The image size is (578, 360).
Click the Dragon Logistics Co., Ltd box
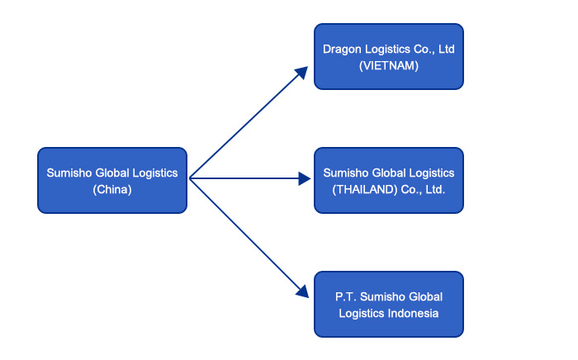coord(389,56)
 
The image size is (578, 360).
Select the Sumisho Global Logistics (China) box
coord(112,180)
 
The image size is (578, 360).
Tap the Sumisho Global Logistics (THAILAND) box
coord(389,180)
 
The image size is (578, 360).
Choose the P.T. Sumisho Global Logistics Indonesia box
coord(389,304)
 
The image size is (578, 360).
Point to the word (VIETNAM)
coord(389,65)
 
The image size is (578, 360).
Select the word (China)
coord(112,189)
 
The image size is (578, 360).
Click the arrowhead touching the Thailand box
coord(304,178)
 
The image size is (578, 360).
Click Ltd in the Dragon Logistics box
coord(446,49)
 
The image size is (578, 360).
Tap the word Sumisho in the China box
coord(70,173)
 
